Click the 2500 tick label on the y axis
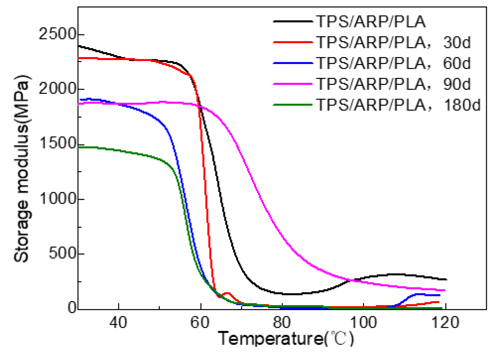point(57,34)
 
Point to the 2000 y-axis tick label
point(57,89)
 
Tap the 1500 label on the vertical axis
point(57,144)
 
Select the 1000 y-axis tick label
point(57,199)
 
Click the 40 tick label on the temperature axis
point(118,323)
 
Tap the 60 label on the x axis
point(200,323)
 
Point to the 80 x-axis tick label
point(282,323)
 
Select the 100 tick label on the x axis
point(363,323)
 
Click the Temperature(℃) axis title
point(286,339)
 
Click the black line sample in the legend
point(292,22)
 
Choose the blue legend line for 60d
point(292,63)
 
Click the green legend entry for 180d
point(292,105)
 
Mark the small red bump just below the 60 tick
point(227,293)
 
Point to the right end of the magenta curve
point(444,290)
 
